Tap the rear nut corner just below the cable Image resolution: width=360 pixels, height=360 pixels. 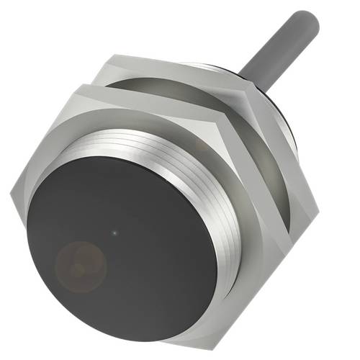point(251,86)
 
